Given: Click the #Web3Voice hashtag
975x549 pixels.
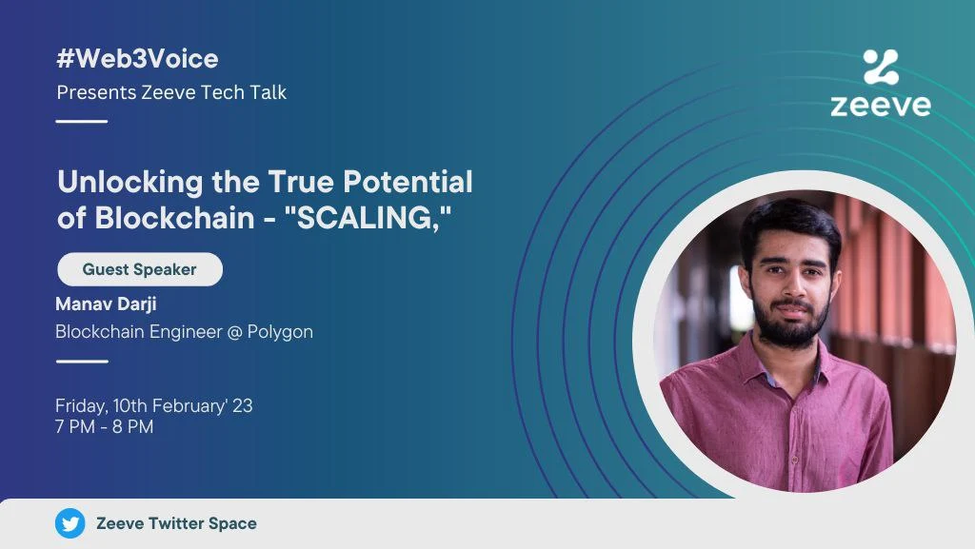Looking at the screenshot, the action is [137, 59].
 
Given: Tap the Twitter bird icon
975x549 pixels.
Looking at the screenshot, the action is [70, 523].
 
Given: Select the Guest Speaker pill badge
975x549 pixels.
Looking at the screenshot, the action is [140, 269].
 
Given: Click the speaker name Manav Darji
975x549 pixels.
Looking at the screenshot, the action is [106, 304].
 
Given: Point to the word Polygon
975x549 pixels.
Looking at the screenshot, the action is [280, 332].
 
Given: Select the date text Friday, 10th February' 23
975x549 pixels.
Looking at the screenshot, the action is [153, 405].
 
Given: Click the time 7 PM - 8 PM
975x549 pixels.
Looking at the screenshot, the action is [104, 426].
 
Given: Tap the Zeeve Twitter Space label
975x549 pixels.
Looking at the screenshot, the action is [176, 523].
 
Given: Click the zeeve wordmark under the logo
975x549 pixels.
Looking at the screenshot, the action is [881, 105].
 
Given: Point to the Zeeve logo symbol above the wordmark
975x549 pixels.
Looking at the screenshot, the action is [881, 67].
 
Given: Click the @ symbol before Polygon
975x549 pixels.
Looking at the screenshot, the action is [234, 332].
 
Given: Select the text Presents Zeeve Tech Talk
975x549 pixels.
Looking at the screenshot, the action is [171, 92].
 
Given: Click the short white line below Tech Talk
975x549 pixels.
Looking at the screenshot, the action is [82, 121].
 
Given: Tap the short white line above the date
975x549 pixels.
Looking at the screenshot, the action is [82, 361].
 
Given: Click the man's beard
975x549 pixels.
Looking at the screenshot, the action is [790, 323].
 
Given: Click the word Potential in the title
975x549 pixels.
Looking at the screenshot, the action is [408, 182].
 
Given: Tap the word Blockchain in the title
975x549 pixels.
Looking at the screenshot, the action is [175, 218].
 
